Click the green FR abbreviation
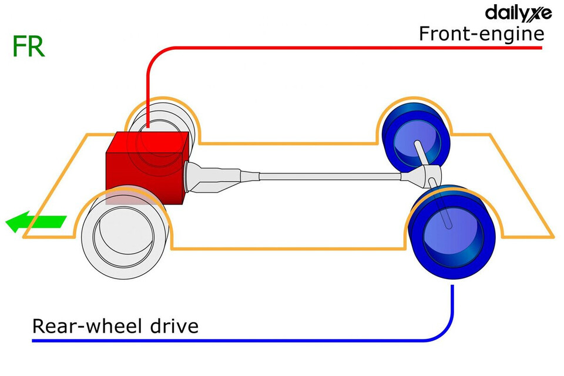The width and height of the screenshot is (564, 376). click(28, 48)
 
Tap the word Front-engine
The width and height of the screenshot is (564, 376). click(481, 33)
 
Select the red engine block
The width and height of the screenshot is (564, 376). click(144, 167)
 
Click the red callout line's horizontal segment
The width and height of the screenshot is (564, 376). click(352, 47)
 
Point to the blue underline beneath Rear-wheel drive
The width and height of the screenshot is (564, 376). click(235, 341)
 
